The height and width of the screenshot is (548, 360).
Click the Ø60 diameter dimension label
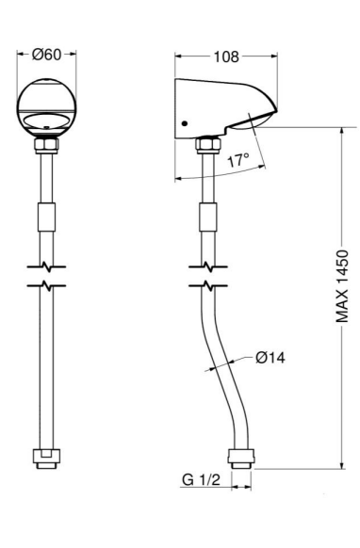46,55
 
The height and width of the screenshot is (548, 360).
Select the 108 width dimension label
226,56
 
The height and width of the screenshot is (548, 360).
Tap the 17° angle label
238,160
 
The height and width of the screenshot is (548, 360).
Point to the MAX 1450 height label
342,286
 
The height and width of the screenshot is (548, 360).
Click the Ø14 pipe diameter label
270,358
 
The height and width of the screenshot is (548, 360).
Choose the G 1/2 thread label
201,480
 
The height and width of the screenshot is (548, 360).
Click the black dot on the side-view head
185,123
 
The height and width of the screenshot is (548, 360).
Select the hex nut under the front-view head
46,146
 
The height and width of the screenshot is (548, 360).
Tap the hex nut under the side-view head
208,145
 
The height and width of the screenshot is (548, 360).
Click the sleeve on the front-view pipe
46,217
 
